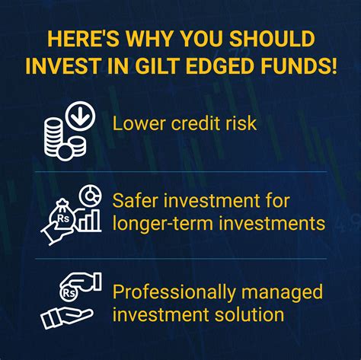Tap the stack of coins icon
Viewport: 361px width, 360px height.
point(57,139)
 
